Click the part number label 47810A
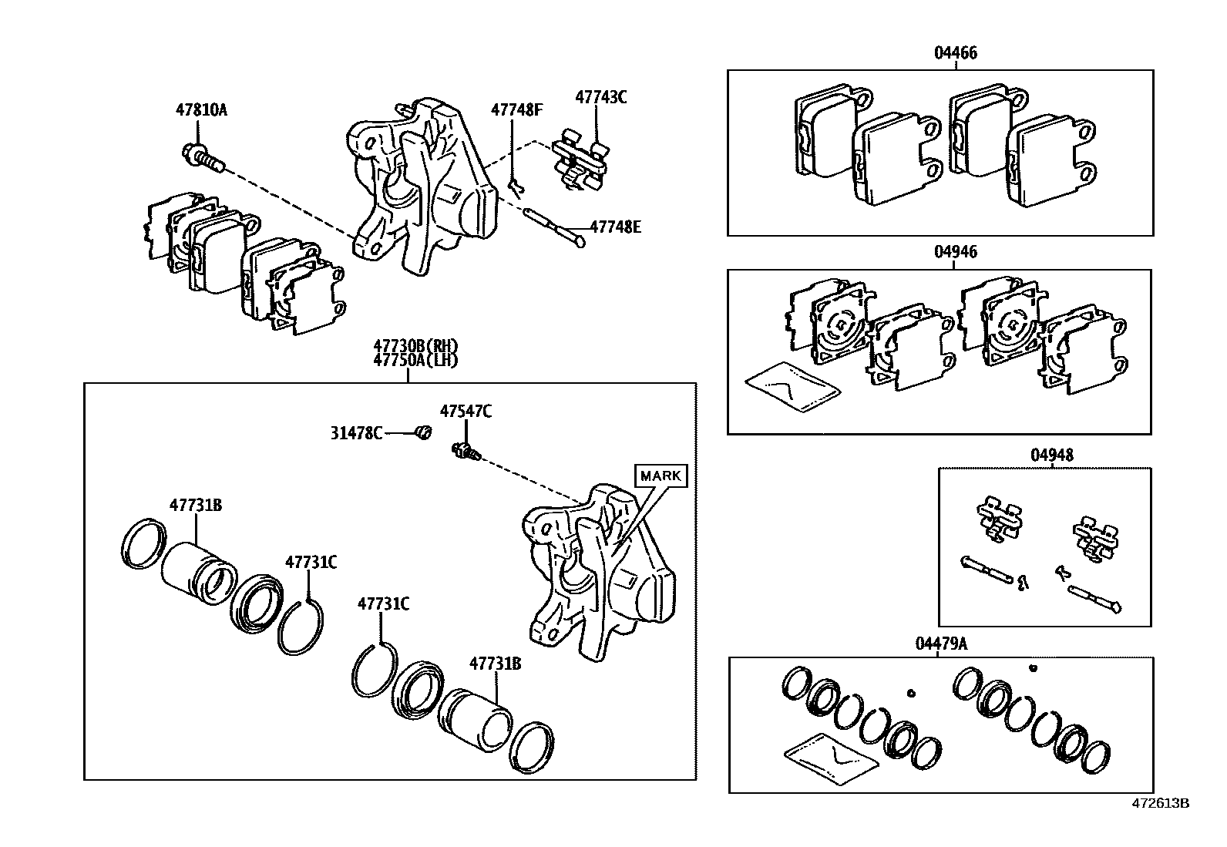[x=201, y=109]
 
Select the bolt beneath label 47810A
[x=203, y=156]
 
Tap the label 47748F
[x=516, y=109]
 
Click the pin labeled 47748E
[x=553, y=227]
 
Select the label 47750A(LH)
[x=415, y=360]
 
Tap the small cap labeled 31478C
[x=422, y=433]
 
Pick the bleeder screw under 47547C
[x=465, y=452]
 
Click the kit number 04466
[x=956, y=53]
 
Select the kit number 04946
[x=956, y=252]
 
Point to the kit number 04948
[x=1051, y=455]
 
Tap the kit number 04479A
[x=940, y=644]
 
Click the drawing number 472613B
[x=1160, y=803]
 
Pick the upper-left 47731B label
[x=196, y=505]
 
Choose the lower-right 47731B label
[x=496, y=663]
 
